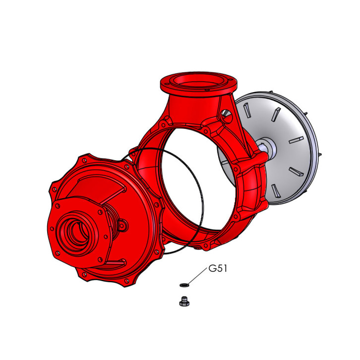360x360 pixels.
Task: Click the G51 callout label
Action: coord(218,268)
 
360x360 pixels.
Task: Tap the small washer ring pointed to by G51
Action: coord(184,285)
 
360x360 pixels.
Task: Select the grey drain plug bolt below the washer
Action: coord(184,301)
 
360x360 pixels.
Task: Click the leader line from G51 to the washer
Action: coord(198,276)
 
